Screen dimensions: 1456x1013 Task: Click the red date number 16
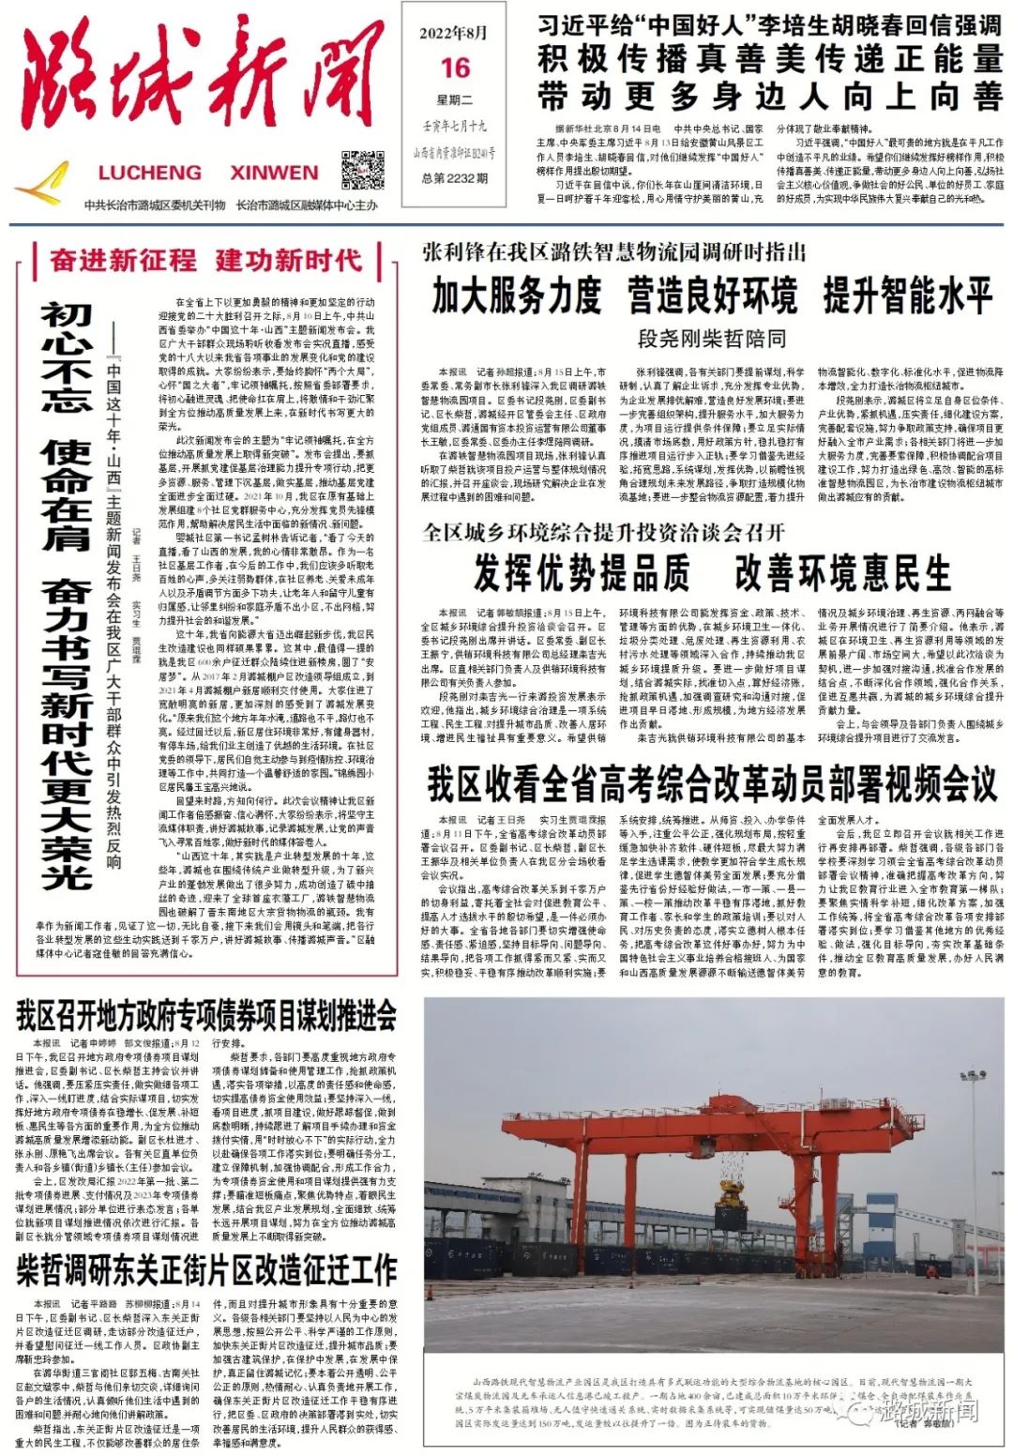tap(455, 68)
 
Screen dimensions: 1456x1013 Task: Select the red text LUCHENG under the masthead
tap(149, 173)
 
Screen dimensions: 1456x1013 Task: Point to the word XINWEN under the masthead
tap(274, 173)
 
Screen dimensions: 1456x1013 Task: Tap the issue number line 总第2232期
tap(455, 177)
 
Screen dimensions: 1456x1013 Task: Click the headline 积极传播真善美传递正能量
tap(769, 59)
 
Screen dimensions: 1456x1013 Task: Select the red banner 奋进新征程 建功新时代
tap(206, 260)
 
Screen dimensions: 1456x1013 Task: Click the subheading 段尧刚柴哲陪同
tap(712, 338)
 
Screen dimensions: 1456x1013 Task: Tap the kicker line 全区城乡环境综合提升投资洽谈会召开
tap(603, 532)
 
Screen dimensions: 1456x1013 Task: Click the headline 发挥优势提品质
tap(582, 572)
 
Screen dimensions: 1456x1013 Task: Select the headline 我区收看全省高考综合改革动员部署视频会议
tap(712, 784)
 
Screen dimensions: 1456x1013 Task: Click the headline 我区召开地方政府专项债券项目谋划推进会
tap(206, 1015)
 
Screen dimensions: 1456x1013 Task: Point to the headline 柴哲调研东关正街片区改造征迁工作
tap(206, 1272)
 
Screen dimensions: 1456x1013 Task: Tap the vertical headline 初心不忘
tap(66, 356)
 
